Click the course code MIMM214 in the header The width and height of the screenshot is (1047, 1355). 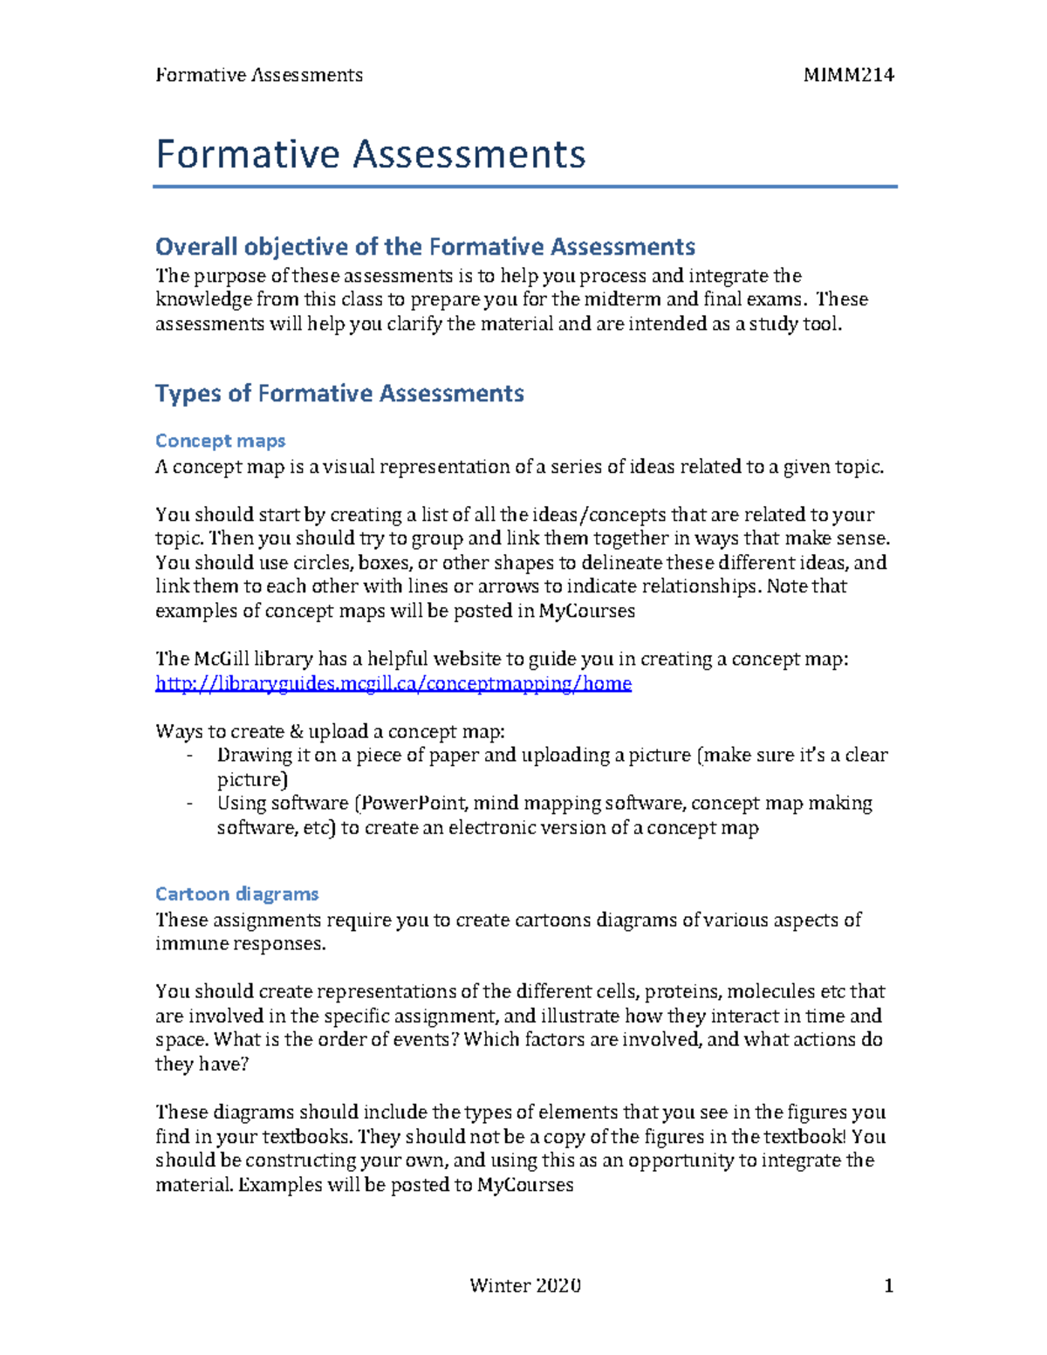coord(848,75)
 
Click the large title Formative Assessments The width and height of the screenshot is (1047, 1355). coord(370,154)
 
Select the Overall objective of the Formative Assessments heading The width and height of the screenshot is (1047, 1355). coord(425,247)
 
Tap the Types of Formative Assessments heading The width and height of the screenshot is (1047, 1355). coord(339,393)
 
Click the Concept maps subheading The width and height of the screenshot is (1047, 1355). coord(220,441)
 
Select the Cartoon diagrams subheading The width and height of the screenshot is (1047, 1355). coord(236,893)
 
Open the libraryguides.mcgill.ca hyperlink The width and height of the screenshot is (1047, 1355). coord(393,683)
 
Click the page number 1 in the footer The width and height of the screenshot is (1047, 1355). coord(888,1285)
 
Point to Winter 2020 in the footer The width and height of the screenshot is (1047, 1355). coord(524,1285)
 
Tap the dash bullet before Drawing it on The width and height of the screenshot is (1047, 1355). coord(189,756)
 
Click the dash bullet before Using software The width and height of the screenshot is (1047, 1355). coord(189,804)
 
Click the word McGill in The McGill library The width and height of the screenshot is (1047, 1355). coord(221,659)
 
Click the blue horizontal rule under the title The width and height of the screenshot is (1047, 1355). coord(524,186)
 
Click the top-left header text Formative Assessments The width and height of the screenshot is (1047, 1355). coord(259,75)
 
